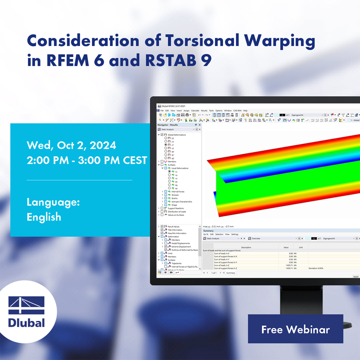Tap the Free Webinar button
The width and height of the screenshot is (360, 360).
coord(295,329)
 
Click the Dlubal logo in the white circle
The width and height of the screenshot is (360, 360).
coord(27,312)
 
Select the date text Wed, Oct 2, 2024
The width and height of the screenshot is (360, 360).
coord(71,145)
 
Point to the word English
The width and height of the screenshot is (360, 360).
coord(44,217)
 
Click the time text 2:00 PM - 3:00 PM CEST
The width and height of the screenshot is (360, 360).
coord(87,160)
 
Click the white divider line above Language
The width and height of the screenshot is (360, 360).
coord(79,180)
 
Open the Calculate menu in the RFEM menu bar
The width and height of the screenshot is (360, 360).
coord(195,110)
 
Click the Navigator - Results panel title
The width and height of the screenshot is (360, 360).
coord(168,125)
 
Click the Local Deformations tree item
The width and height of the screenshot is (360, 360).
coord(180,168)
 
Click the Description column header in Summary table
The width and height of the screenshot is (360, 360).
coord(246,247)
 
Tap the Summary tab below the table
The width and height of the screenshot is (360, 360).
coord(231,273)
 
